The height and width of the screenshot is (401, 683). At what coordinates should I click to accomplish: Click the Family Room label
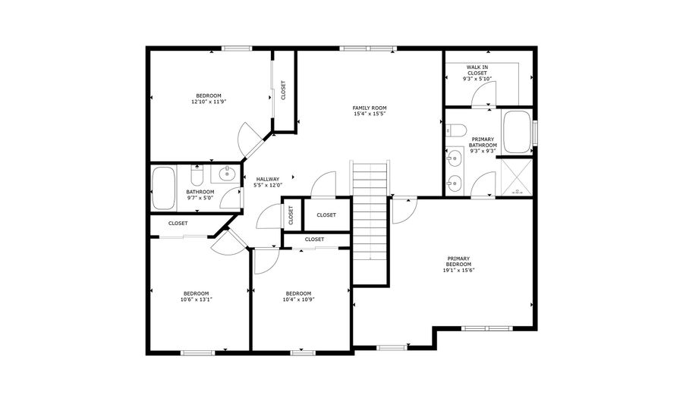pyautogui.click(x=369, y=108)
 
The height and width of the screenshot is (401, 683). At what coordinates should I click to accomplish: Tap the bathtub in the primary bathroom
pyautogui.click(x=518, y=133)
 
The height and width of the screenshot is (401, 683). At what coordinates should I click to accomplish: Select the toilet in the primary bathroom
pyautogui.click(x=455, y=130)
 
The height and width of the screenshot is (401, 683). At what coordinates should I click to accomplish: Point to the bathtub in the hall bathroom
pyautogui.click(x=163, y=189)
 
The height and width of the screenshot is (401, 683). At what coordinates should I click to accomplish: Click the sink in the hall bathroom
pyautogui.click(x=227, y=175)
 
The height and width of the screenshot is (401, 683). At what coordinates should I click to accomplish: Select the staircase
pyautogui.click(x=370, y=220)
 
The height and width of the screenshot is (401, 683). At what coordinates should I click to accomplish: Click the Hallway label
pyautogui.click(x=267, y=179)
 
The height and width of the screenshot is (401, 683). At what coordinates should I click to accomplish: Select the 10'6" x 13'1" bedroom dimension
pyautogui.click(x=196, y=299)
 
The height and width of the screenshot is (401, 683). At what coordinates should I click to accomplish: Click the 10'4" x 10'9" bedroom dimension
pyautogui.click(x=298, y=299)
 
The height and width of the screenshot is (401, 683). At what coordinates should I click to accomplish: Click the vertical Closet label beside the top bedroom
pyautogui.click(x=284, y=91)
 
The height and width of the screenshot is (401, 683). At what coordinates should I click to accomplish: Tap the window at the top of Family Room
pyautogui.click(x=367, y=49)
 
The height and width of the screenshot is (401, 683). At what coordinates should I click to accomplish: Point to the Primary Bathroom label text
pyautogui.click(x=483, y=142)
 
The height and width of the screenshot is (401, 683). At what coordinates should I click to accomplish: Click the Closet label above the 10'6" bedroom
pyautogui.click(x=178, y=223)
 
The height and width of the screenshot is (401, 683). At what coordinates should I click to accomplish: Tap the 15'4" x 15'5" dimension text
pyautogui.click(x=369, y=114)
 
